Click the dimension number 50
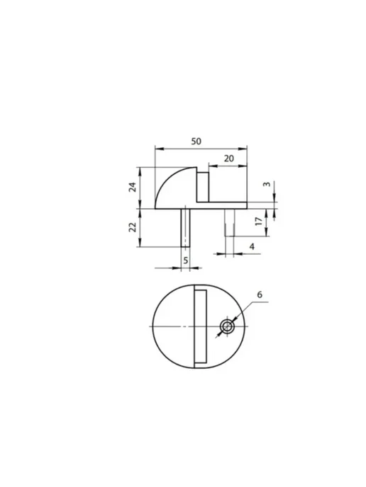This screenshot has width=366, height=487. pos(196,142)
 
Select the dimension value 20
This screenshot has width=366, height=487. pos(228,159)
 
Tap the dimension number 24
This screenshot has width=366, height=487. pos(133,187)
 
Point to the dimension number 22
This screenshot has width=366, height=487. pos(133,227)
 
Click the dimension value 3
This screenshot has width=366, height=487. pos(267,184)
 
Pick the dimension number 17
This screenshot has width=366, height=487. pos(259,222)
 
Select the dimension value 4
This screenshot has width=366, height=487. pos(252,246)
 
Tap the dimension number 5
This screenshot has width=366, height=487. pos(186,260)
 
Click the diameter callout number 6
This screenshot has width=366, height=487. pos(260,294)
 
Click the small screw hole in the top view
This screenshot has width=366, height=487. pos(227,327)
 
